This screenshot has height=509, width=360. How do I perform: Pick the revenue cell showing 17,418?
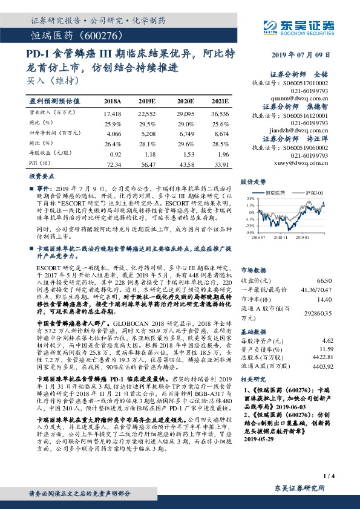coord(113,113)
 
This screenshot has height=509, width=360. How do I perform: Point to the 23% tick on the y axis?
coord(250,198)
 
